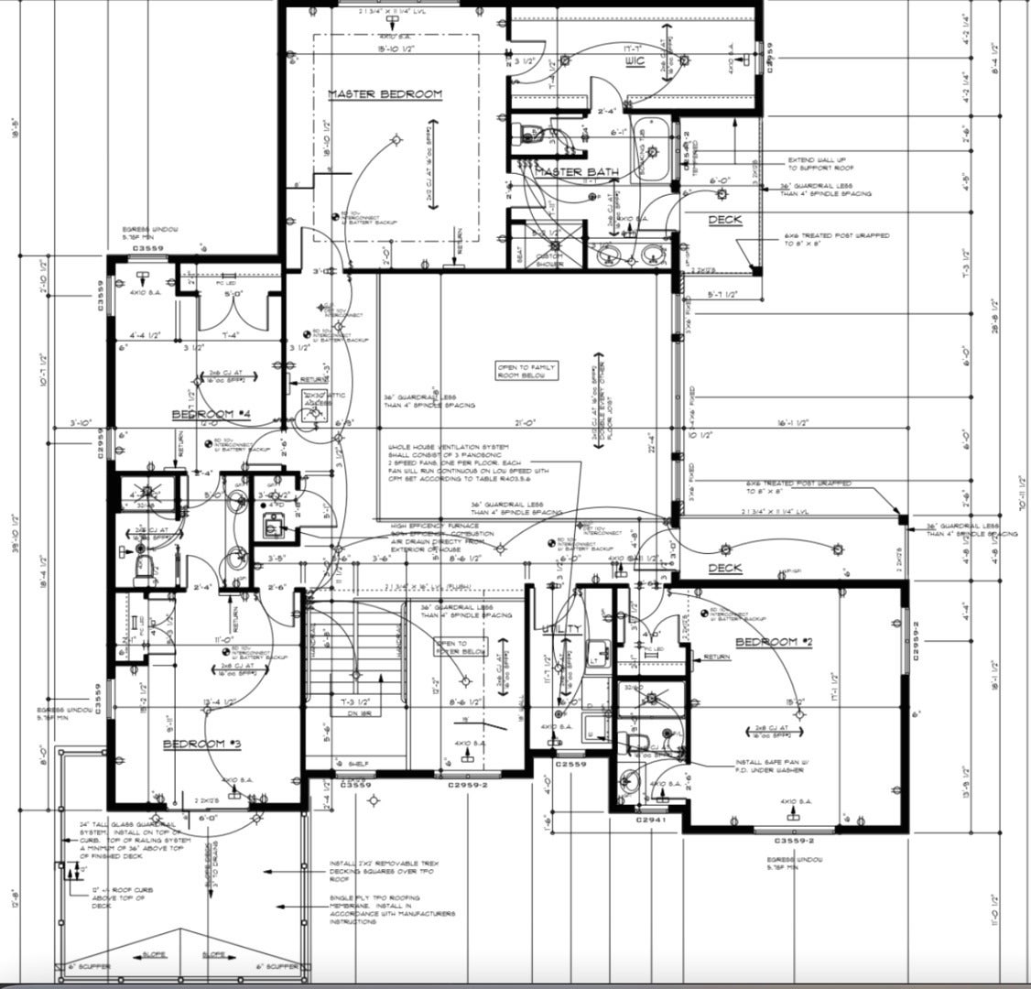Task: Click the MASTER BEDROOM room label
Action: coord(385,94)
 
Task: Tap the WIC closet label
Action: coord(635,61)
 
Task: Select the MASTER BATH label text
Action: coord(576,172)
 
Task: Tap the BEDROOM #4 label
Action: coord(212,415)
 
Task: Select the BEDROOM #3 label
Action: coord(201,744)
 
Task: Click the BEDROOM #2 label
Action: coord(774,642)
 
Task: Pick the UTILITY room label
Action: coord(560,628)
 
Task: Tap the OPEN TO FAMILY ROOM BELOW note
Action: coord(526,371)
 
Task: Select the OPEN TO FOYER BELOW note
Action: coord(449,647)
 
